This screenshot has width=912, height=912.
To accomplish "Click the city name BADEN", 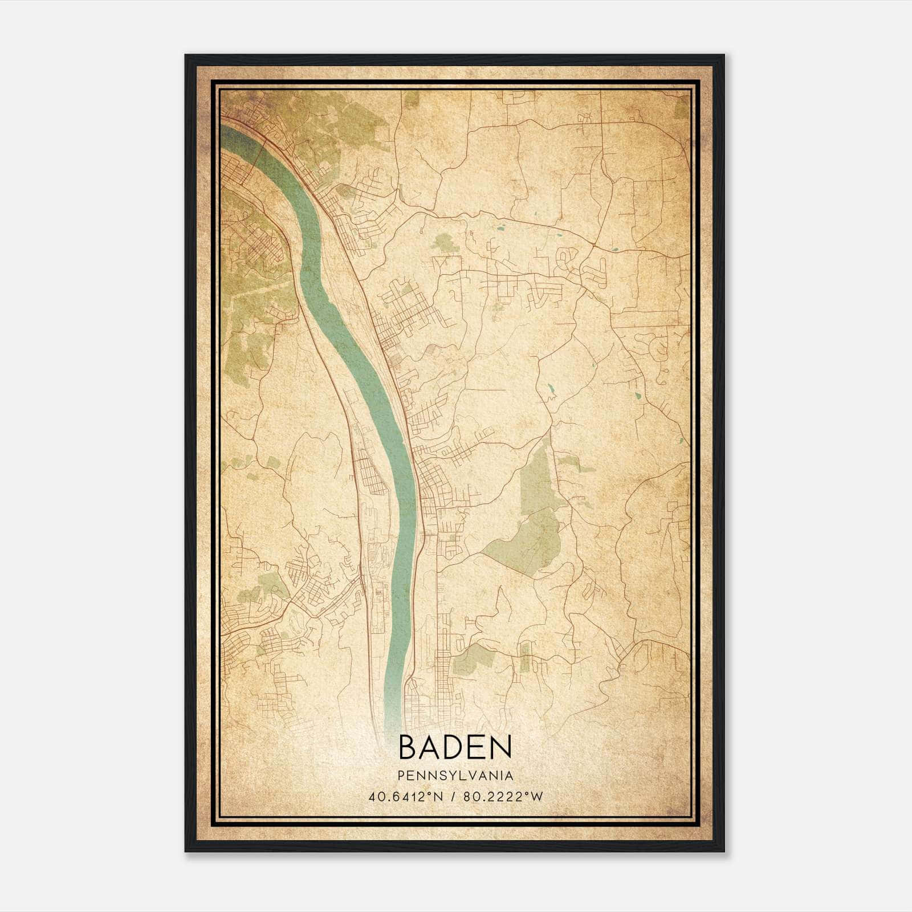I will coord(455,747).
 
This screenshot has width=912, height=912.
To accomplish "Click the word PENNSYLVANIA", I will coord(455,776).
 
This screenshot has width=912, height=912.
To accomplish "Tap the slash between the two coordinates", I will coord(454,796).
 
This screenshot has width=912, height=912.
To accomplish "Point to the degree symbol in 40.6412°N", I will coord(427,793).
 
